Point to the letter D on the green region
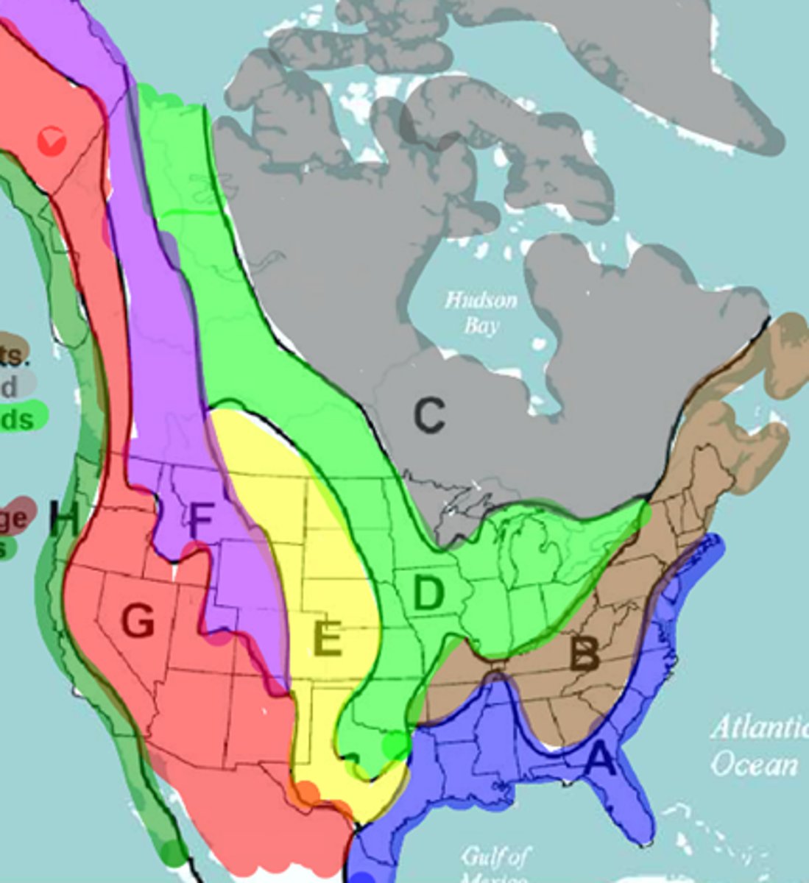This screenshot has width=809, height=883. pos(428,593)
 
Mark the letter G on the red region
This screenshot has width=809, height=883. pos(138,622)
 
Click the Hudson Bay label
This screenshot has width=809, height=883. pos(481,312)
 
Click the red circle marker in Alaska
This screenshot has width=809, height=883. pos(52,141)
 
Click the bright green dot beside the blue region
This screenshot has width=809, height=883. pos(395,745)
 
